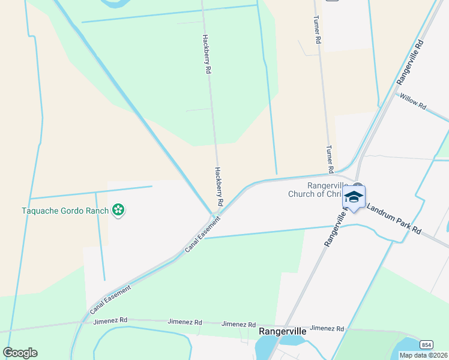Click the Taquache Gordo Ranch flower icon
(x=119, y=210)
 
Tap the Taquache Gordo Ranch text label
(x=65, y=211)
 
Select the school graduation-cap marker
(x=354, y=198)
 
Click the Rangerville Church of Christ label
(x=316, y=190)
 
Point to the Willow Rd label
(x=412, y=101)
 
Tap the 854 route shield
(x=426, y=344)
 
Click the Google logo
(x=20, y=353)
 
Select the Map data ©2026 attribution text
(x=424, y=355)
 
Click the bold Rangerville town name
(x=282, y=331)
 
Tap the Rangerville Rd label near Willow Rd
(x=411, y=62)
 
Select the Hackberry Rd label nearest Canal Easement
(x=218, y=187)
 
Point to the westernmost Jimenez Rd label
(x=110, y=321)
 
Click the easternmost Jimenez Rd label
(x=327, y=328)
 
